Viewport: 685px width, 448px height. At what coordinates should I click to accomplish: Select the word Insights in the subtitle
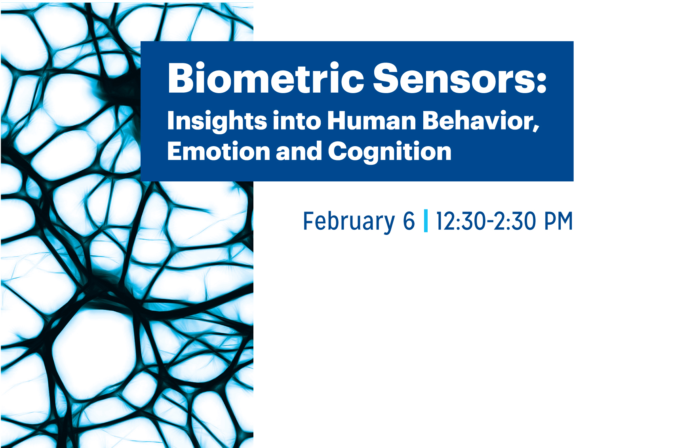(x=217, y=120)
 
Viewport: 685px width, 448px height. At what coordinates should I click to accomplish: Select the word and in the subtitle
(x=299, y=151)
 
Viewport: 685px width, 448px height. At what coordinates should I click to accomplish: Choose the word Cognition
(x=390, y=152)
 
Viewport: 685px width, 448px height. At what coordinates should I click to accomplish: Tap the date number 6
(x=409, y=221)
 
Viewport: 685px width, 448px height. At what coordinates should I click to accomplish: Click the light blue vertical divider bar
(x=426, y=221)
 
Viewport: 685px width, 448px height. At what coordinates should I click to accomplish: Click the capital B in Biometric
(x=181, y=78)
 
